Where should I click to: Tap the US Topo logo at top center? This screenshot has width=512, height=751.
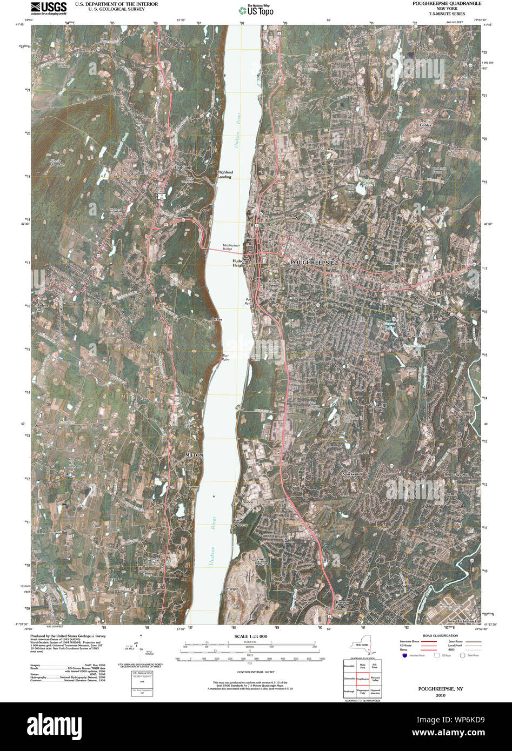click(256, 10)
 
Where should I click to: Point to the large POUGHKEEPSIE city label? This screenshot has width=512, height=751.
click(313, 262)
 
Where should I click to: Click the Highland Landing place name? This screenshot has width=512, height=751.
click(225, 175)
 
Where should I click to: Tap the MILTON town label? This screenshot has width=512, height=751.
click(194, 455)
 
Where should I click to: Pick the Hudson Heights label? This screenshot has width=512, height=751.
click(236, 263)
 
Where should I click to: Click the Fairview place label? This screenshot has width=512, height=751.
click(327, 149)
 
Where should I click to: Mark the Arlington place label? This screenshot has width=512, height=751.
click(390, 263)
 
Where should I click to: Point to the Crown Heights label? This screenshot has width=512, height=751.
click(261, 561)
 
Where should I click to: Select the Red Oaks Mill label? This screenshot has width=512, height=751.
click(455, 474)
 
